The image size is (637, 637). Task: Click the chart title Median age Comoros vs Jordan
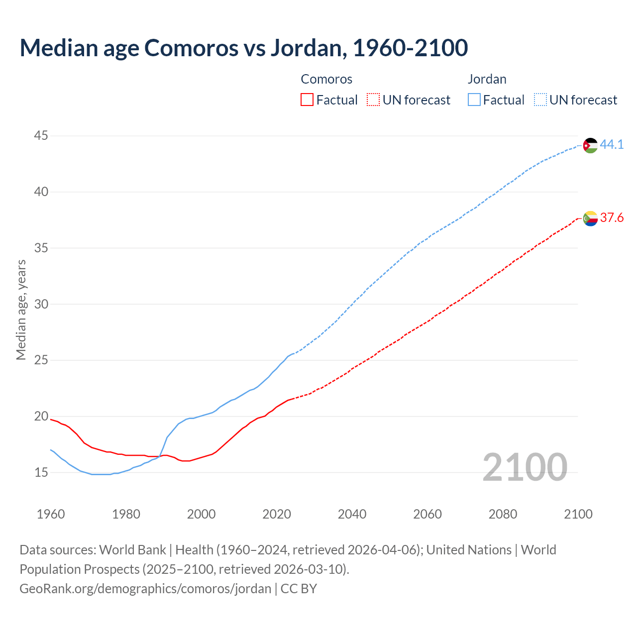point(243,48)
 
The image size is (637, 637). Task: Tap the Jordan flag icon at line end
point(590,145)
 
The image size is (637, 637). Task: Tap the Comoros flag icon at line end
point(590,218)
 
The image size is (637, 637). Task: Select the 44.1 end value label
point(612,145)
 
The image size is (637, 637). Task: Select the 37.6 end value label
point(612,218)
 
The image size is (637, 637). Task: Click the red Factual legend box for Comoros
point(307,100)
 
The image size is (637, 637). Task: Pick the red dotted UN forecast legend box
point(373,100)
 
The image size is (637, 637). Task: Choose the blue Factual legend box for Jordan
point(474,100)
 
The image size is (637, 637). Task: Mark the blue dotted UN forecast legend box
point(540,100)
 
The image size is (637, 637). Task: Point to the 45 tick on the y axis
point(41,135)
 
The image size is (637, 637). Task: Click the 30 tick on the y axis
point(41,304)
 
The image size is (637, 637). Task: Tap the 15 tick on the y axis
point(41,472)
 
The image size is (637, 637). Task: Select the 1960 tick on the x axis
point(51,514)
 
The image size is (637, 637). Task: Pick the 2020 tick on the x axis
point(277,514)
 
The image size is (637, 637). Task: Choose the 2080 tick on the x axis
point(503,514)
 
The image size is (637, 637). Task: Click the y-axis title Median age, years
point(21,310)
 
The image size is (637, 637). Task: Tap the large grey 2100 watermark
point(525,467)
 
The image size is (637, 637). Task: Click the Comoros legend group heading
point(326,79)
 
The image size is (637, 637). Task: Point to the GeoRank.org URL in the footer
point(145,589)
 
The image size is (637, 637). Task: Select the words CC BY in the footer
point(299,589)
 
